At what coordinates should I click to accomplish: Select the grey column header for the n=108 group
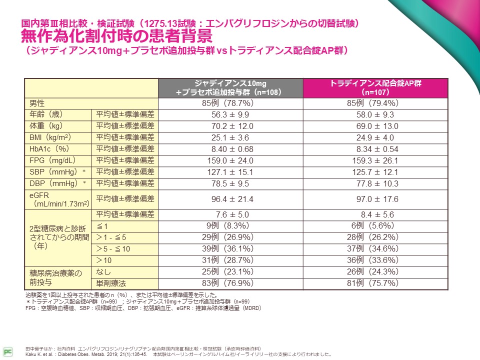[230, 87]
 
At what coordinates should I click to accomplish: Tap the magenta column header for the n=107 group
[375, 87]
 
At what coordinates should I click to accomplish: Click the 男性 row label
[37, 103]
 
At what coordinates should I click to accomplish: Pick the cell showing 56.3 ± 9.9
[230, 114]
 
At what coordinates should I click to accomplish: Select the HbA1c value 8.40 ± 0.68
[230, 149]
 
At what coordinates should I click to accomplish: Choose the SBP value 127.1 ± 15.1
[230, 172]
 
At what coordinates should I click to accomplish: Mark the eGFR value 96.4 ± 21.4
[230, 199]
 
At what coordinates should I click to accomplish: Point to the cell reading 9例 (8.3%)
[230, 225]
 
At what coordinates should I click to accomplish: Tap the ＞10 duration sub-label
[103, 260]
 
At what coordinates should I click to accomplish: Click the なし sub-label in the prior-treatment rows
[103, 271]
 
